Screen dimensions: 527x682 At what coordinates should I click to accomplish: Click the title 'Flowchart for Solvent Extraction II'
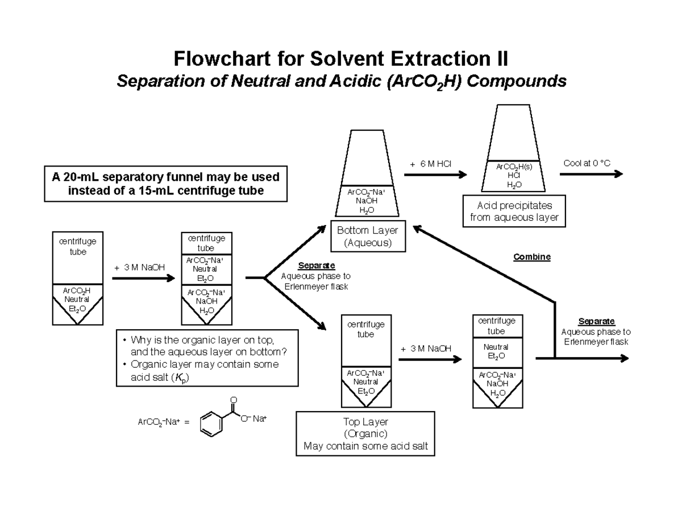coord(341,59)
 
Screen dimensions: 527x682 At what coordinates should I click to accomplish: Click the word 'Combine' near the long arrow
coord(532,257)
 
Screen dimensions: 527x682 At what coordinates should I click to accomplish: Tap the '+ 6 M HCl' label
coord(430,164)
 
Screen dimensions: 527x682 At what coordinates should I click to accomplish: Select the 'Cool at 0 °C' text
coord(587,163)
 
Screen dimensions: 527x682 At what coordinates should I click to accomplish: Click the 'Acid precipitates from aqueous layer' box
coord(514,211)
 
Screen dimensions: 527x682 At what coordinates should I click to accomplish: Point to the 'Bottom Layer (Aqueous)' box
coord(368,236)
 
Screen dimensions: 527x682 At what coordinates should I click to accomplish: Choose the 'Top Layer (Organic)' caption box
coord(365,433)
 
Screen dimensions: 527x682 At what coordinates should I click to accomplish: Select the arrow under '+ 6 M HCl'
coord(435,175)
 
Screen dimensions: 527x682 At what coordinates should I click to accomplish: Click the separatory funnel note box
coord(166,183)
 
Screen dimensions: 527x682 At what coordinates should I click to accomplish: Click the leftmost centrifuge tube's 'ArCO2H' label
coord(77,290)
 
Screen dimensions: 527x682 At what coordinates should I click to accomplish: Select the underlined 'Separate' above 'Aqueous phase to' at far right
coord(596,322)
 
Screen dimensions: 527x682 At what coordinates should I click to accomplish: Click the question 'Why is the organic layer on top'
coord(202,341)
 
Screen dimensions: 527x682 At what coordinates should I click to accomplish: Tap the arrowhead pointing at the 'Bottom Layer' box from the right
coord(417,229)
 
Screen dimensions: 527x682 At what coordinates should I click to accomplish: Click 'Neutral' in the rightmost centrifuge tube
coord(496,347)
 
